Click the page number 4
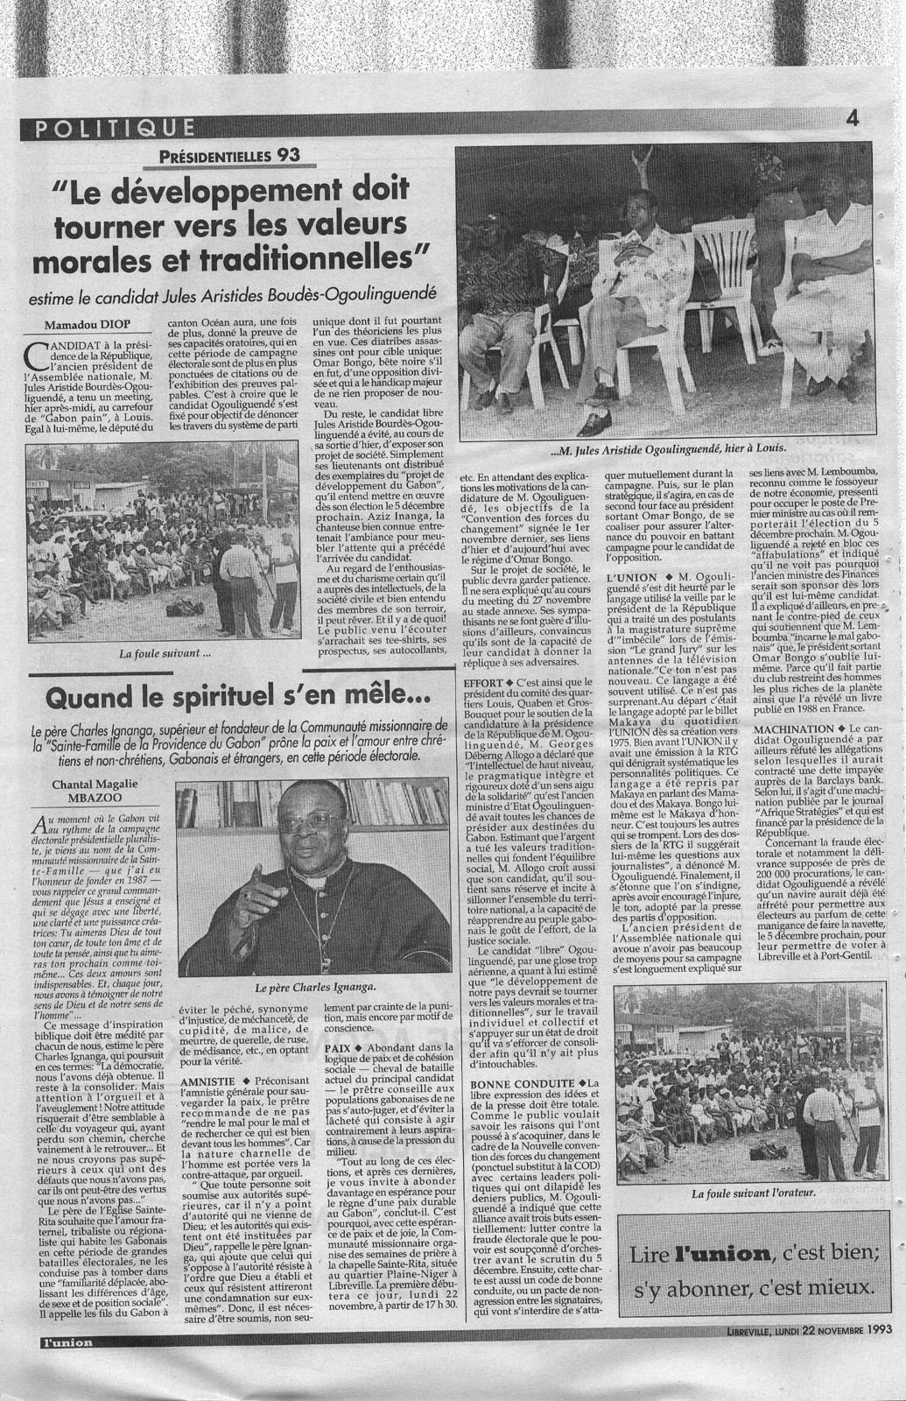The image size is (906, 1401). tap(851, 117)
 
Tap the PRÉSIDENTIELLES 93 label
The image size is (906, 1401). tap(230, 156)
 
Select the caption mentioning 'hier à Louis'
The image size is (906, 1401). tap(669, 451)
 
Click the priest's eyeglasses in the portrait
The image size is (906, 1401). tap(311, 823)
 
